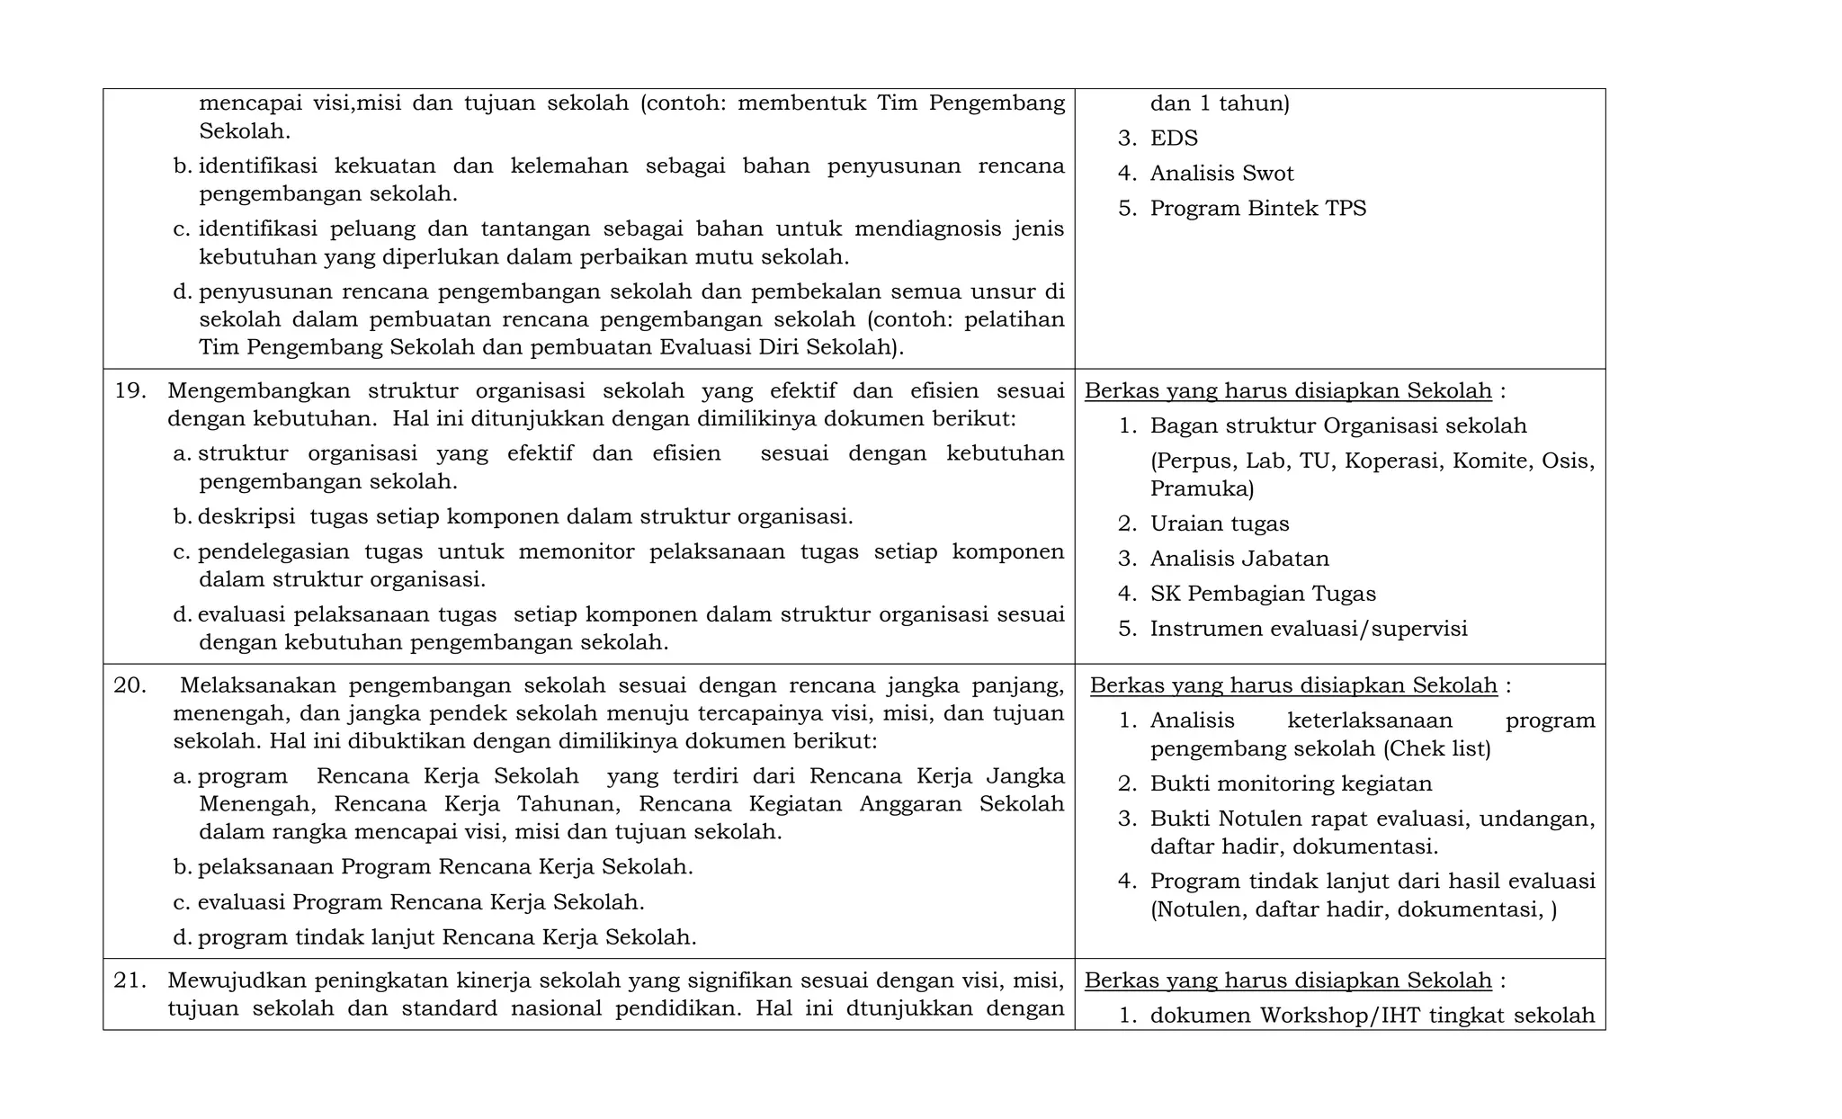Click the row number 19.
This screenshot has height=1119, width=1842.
(x=130, y=391)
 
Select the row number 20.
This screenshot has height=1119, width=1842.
(x=130, y=685)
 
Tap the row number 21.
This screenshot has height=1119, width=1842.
(x=130, y=980)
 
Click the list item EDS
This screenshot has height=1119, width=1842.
(x=1173, y=139)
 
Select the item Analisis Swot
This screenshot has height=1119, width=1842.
(x=1221, y=174)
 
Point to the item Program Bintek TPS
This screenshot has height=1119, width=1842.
(x=1257, y=209)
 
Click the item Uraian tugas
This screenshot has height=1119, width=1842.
(x=1219, y=524)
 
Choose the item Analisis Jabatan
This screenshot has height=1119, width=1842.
(x=1238, y=559)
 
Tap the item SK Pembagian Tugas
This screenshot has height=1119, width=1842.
(x=1262, y=594)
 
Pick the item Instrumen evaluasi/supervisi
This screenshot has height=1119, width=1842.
(x=1308, y=629)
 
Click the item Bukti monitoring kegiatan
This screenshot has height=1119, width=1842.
(x=1291, y=783)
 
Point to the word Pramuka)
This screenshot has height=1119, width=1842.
(x=1202, y=489)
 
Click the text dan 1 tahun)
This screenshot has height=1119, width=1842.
(x=1219, y=103)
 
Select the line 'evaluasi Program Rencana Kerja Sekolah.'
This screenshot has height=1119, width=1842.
(x=420, y=902)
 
